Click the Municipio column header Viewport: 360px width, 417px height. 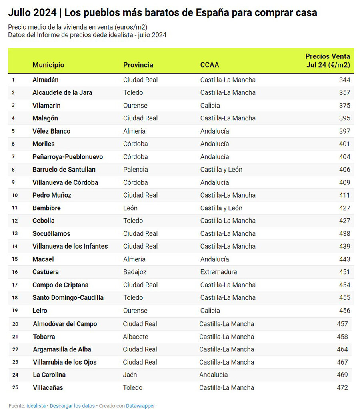(x=48, y=65)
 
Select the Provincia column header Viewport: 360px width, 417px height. (x=138, y=65)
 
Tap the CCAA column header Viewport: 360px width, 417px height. (x=210, y=65)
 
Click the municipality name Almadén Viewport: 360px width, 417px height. (x=46, y=80)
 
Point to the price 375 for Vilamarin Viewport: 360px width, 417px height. (x=344, y=106)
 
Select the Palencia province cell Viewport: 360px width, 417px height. (x=136, y=170)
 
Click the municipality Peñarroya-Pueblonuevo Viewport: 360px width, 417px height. (x=68, y=157)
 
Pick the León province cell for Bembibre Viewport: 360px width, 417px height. (x=130, y=208)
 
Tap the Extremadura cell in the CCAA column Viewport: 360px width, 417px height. (x=218, y=272)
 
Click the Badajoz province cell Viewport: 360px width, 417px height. (x=135, y=272)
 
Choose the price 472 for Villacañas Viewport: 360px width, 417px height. (x=342, y=387)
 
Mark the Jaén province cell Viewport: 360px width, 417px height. (x=130, y=375)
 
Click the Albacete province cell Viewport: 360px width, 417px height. (x=136, y=337)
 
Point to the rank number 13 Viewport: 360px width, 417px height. (x=15, y=233)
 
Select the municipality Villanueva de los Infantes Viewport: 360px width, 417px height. (x=70, y=246)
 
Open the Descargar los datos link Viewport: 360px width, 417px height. (x=72, y=406)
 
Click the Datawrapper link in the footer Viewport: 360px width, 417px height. (x=140, y=406)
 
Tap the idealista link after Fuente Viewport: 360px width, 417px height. (x=36, y=406)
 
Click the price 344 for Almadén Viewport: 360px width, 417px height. (x=344, y=80)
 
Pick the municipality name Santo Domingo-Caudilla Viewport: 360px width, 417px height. (x=68, y=297)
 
